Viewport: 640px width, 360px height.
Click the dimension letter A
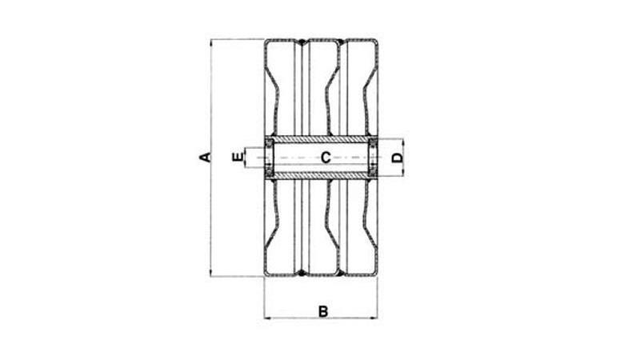point(205,157)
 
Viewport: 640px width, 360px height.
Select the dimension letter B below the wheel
point(322,311)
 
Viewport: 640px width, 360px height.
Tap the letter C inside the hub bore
point(326,157)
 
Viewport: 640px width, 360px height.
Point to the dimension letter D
point(397,157)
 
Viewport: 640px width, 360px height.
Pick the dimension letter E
point(237,157)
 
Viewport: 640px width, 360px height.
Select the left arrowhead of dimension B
point(267,318)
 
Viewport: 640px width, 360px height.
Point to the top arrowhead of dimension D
point(403,140)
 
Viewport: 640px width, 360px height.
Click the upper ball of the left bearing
point(269,143)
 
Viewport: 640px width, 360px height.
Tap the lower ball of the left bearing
point(269,170)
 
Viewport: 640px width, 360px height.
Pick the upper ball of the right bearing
point(372,143)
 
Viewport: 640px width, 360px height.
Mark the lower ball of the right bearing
point(372,170)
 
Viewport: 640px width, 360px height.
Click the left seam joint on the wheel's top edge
point(302,40)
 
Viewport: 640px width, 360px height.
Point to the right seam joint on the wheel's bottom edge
point(341,274)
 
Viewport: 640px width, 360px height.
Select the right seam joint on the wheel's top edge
point(341,40)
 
